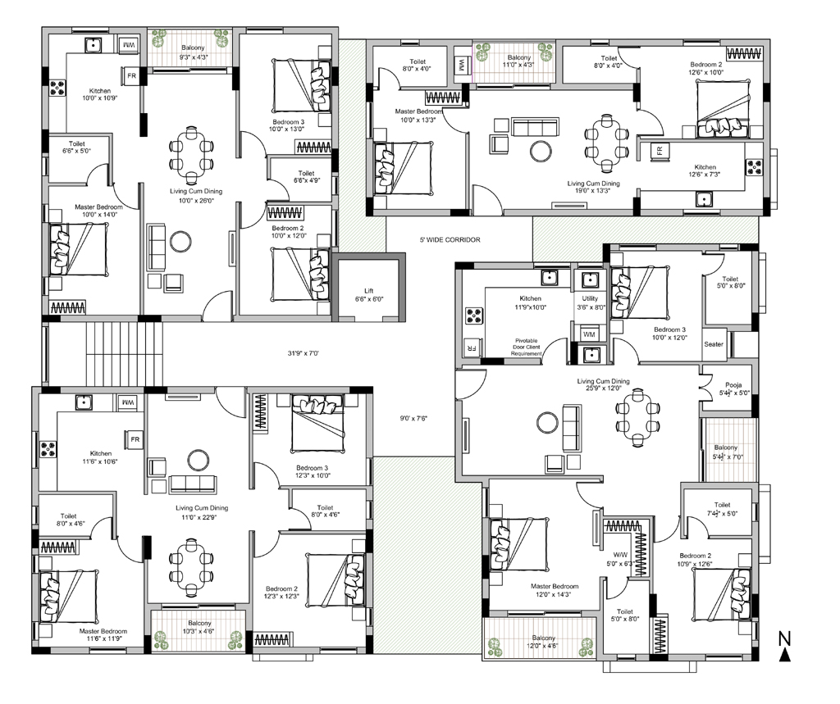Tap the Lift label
(x=368, y=291)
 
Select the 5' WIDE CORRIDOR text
(x=450, y=240)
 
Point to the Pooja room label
(x=733, y=385)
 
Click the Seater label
(x=714, y=344)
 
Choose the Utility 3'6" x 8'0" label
(x=590, y=303)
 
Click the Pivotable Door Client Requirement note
(x=526, y=347)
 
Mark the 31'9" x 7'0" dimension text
(x=304, y=353)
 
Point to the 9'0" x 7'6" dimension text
(x=413, y=418)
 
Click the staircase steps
(x=123, y=353)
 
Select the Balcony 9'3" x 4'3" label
(x=193, y=52)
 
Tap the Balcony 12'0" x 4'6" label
(x=544, y=642)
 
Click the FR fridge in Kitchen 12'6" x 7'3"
(x=660, y=151)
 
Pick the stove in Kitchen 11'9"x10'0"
(x=473, y=316)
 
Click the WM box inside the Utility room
(x=589, y=334)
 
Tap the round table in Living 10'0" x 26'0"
(x=180, y=242)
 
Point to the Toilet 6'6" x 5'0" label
(x=76, y=148)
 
